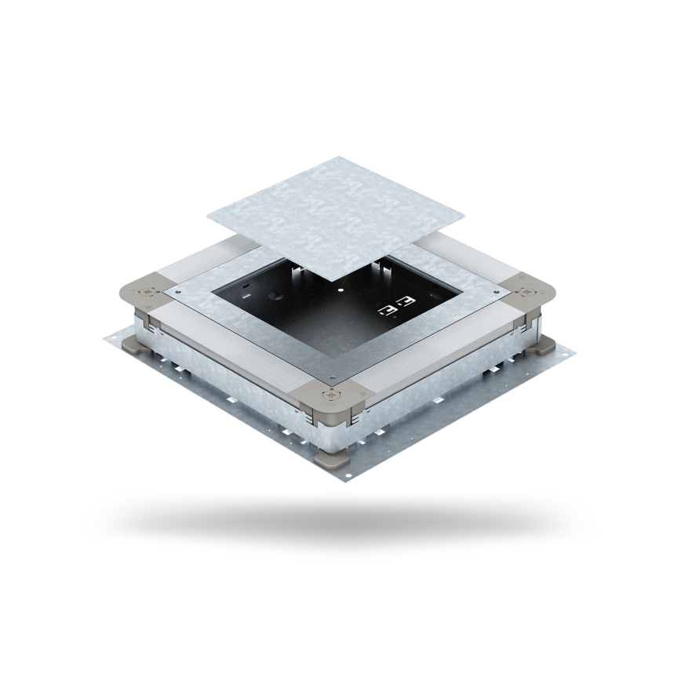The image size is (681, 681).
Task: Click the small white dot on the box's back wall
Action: [x=340, y=288]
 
